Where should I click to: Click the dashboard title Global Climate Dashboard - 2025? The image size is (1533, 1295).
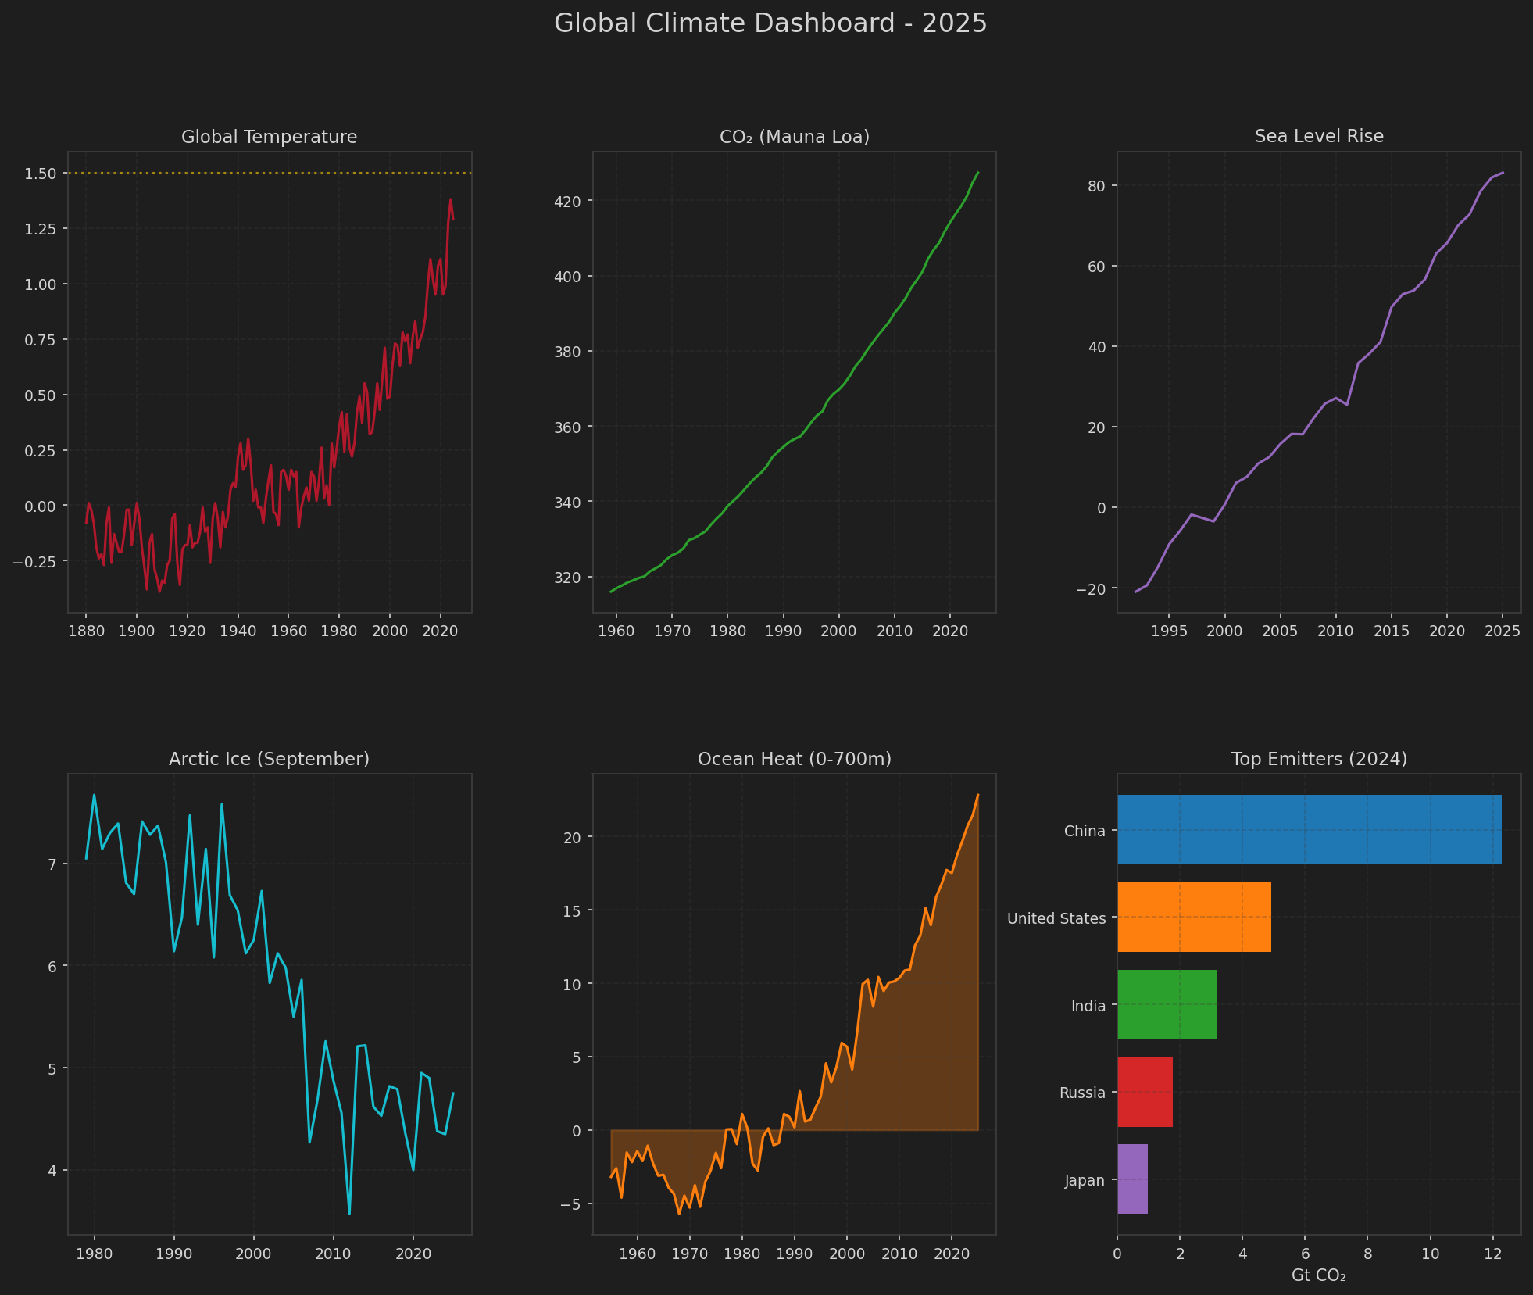click(770, 23)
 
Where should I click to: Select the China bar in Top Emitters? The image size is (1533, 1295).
click(1309, 829)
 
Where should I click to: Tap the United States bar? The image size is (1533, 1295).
click(1194, 917)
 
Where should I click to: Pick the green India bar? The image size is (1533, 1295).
click(1167, 1004)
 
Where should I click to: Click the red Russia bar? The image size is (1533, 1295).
click(1145, 1092)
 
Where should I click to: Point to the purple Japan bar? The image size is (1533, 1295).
click(1132, 1179)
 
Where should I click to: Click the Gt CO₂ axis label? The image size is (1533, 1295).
click(1318, 1275)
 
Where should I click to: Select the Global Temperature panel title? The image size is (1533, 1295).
click(269, 137)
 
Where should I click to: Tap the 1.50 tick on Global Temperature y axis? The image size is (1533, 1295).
click(40, 174)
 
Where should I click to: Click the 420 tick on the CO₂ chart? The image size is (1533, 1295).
click(567, 202)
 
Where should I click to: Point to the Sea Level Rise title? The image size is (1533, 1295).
click(1318, 136)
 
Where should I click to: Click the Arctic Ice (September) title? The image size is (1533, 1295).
click(269, 759)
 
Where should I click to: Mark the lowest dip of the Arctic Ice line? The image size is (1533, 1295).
click(349, 1213)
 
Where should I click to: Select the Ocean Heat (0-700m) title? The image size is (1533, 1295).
click(794, 759)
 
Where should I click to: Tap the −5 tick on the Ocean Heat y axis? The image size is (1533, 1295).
click(571, 1204)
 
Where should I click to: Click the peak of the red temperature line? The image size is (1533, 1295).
click(450, 199)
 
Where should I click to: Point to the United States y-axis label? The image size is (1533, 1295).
click(1056, 918)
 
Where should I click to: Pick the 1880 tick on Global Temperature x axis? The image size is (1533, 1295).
click(86, 631)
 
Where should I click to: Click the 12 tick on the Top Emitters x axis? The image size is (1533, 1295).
click(1492, 1254)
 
